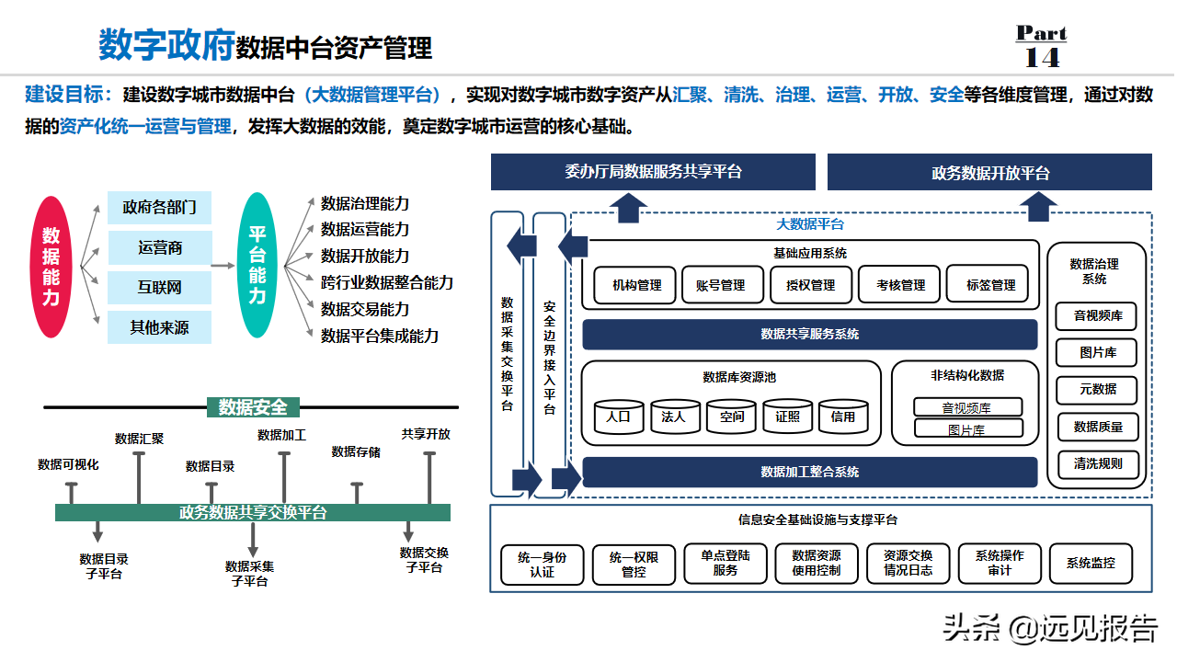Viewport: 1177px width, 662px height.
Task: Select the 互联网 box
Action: [160, 287]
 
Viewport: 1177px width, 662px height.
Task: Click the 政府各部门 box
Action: [160, 207]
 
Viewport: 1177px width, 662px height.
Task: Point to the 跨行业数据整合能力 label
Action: [387, 282]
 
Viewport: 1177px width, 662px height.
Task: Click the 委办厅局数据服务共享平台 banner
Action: [653, 172]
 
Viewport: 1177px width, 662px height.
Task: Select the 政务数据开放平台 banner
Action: [990, 173]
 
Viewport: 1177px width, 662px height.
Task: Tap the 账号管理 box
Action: [720, 285]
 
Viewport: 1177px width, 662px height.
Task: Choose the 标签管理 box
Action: [990, 285]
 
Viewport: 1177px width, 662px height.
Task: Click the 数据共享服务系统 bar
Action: [810, 334]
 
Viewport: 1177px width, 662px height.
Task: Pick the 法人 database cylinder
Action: [674, 417]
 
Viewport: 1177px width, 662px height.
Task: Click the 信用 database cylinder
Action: [843, 417]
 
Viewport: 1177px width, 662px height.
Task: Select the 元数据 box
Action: [1097, 389]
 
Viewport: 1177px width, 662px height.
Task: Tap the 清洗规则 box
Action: [1097, 463]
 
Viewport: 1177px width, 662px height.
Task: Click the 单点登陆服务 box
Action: [726, 563]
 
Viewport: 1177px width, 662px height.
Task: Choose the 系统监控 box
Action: [1091, 563]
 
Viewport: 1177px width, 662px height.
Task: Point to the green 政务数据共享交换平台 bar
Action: [253, 512]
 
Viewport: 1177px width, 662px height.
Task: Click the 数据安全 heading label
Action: [253, 406]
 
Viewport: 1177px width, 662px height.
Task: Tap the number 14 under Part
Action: [1042, 57]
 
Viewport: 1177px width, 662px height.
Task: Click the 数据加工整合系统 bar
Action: [810, 472]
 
